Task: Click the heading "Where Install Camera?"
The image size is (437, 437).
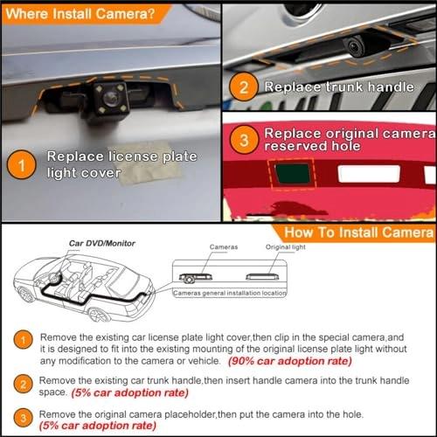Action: (x=77, y=14)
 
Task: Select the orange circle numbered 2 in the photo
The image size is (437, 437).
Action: (x=244, y=88)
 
